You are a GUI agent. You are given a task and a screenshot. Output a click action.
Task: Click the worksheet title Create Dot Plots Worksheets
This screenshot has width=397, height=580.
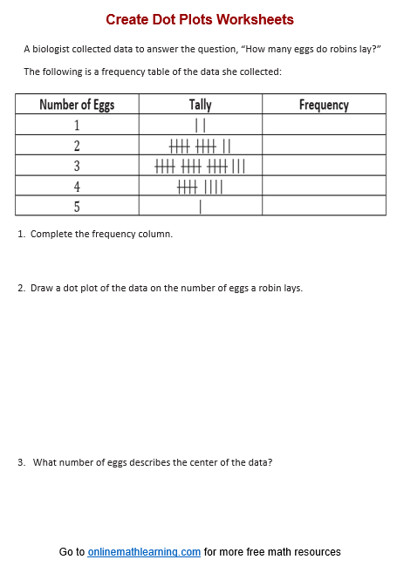pyautogui.click(x=200, y=19)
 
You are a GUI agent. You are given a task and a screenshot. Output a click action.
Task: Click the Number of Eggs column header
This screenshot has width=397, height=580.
pyautogui.click(x=77, y=105)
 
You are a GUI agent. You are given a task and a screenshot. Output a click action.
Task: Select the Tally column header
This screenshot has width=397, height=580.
pyautogui.click(x=200, y=105)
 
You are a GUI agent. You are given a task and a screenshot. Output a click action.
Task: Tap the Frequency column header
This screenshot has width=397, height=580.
pyautogui.click(x=324, y=105)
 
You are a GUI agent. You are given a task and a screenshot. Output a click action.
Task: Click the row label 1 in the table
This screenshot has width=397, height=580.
pyautogui.click(x=77, y=125)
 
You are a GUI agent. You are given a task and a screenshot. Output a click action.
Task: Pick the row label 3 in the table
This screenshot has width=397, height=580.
pyautogui.click(x=77, y=166)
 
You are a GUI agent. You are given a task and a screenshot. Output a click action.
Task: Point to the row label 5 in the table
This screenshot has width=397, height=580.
pyautogui.click(x=77, y=207)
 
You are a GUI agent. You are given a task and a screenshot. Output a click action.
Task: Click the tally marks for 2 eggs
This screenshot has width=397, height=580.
pyautogui.click(x=200, y=146)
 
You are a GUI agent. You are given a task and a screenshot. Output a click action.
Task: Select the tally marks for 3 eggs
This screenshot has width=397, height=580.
pyautogui.click(x=200, y=166)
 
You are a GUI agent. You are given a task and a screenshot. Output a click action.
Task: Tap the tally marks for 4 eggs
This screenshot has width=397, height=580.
pyautogui.click(x=200, y=187)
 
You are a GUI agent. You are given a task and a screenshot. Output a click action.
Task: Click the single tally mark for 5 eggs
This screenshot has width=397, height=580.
pyautogui.click(x=201, y=207)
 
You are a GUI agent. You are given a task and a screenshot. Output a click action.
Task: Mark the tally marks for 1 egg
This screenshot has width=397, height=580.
pyautogui.click(x=200, y=126)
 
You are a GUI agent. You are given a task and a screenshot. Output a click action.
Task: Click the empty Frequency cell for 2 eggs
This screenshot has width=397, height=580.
pyautogui.click(x=324, y=146)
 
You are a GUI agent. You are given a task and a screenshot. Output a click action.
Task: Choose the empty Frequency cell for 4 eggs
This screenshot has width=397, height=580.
pyautogui.click(x=324, y=187)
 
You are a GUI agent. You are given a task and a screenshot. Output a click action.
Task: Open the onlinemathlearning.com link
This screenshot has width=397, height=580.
pyautogui.click(x=144, y=552)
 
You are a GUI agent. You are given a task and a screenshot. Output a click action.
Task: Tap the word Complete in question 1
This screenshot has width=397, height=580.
pyautogui.click(x=50, y=234)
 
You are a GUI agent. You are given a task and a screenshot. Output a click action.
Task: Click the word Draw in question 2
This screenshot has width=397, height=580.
pyautogui.click(x=41, y=288)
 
